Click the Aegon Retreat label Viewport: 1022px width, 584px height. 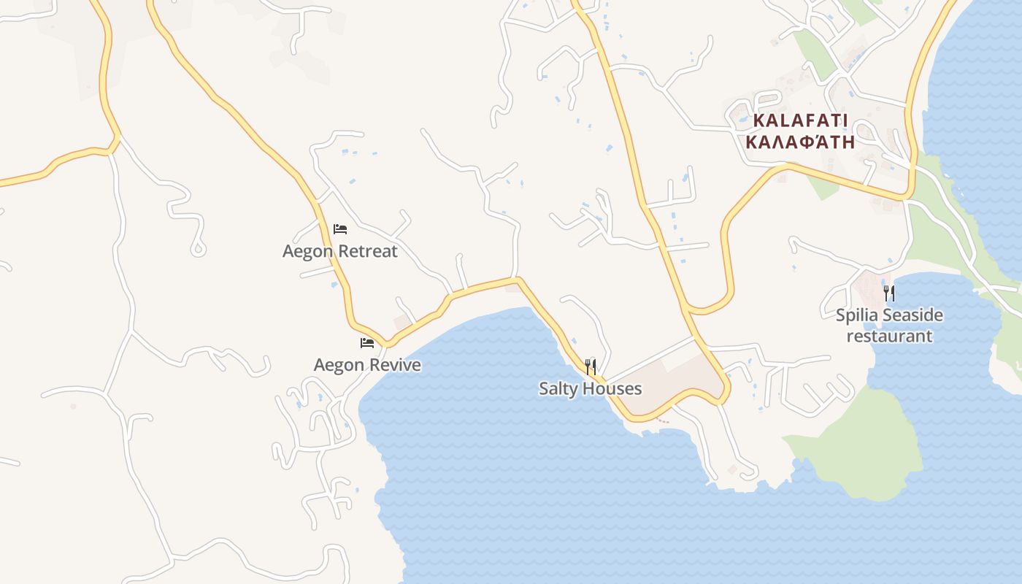(340, 251)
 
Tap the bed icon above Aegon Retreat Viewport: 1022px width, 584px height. (340, 229)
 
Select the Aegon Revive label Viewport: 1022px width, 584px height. (367, 364)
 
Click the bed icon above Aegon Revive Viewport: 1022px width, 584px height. (367, 342)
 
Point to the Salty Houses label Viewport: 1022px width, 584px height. (590, 388)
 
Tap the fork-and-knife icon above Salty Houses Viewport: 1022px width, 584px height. (591, 366)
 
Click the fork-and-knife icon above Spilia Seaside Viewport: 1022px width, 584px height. (889, 293)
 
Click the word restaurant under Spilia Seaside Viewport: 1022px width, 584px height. (889, 336)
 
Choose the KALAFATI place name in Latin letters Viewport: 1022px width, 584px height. (800, 120)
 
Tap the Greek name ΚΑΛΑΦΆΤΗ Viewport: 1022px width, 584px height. (800, 142)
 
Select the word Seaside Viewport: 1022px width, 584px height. (912, 315)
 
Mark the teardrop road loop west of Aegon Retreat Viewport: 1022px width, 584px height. (198, 248)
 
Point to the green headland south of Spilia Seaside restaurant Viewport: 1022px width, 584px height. (869, 445)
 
